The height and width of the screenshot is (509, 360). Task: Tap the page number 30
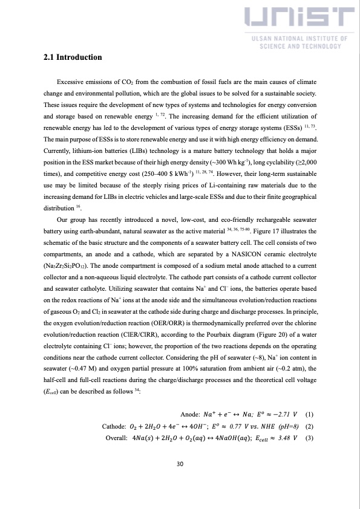[180, 464]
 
